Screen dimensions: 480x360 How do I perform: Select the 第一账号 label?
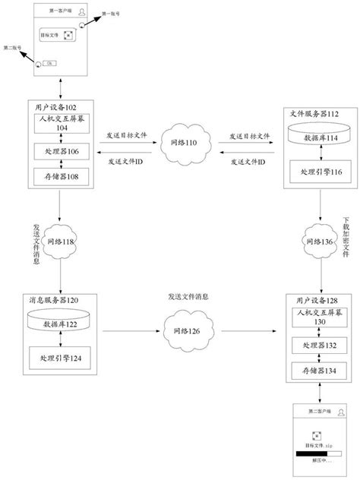click(x=112, y=14)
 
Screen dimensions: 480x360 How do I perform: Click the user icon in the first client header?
click(x=91, y=11)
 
